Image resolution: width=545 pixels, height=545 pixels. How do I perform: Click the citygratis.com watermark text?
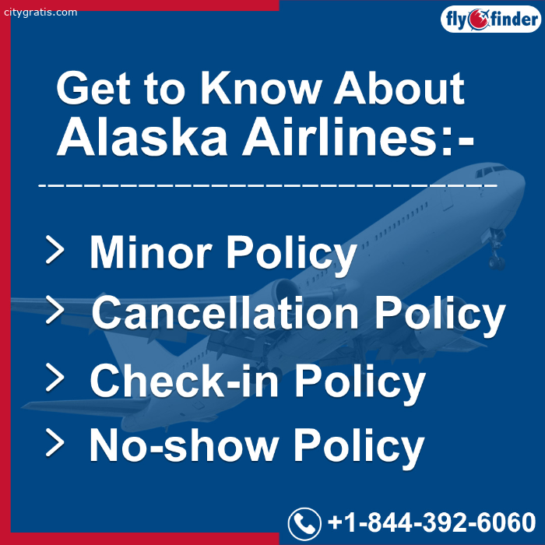click(40, 12)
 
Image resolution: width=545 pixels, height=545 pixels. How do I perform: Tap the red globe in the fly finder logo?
click(477, 19)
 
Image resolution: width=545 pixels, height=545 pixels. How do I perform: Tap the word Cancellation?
click(225, 311)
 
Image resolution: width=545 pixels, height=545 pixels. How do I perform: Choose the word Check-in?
click(185, 380)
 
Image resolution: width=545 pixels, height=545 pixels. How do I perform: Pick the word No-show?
click(184, 445)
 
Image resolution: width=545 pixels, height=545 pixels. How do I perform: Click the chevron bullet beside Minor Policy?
click(55, 249)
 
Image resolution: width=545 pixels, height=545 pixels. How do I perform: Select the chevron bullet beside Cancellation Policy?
click(55, 310)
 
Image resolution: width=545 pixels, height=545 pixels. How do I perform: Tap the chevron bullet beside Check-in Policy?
click(55, 377)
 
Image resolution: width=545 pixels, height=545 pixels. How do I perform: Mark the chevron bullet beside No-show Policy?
click(55, 442)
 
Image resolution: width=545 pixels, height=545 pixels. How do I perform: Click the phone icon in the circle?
click(304, 524)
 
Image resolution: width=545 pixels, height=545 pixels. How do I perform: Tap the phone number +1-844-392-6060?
click(431, 522)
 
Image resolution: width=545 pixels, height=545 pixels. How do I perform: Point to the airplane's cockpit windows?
click(491, 171)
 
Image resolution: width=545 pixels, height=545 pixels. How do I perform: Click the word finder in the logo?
click(514, 19)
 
